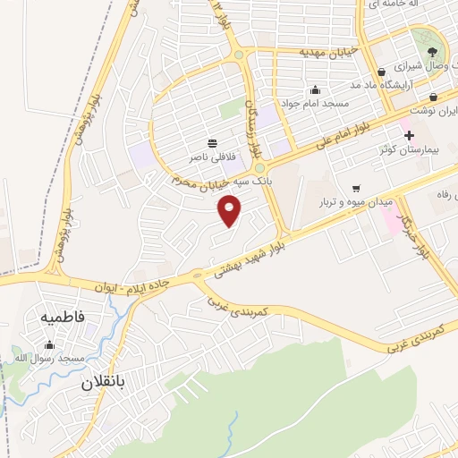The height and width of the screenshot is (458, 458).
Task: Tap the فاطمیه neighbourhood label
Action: pyautogui.click(x=62, y=318)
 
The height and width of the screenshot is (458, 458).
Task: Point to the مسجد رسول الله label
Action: pyautogui.click(x=48, y=359)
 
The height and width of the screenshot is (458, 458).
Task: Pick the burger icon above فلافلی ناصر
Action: pyautogui.click(x=212, y=143)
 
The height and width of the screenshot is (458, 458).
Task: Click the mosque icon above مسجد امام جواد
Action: pyautogui.click(x=314, y=90)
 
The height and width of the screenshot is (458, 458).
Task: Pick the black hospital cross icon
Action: pyautogui.click(x=410, y=136)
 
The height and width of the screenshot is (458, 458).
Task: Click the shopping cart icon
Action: pyautogui.click(x=356, y=189)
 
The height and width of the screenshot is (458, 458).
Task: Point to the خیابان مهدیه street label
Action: pyautogui.click(x=325, y=51)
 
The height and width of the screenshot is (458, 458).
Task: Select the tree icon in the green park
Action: pyautogui.click(x=432, y=52)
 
